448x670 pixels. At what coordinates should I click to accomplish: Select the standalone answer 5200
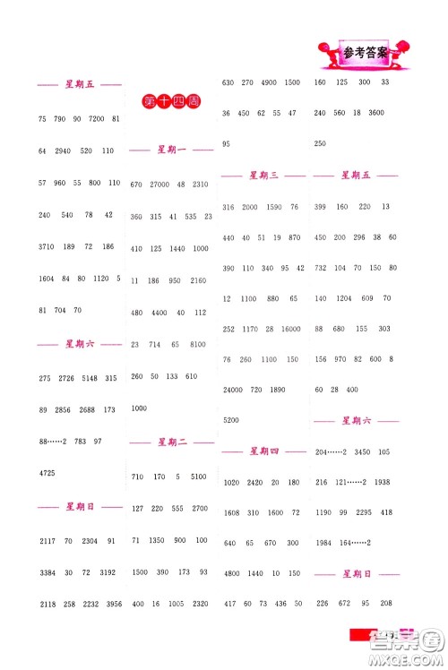coord(230,420)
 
